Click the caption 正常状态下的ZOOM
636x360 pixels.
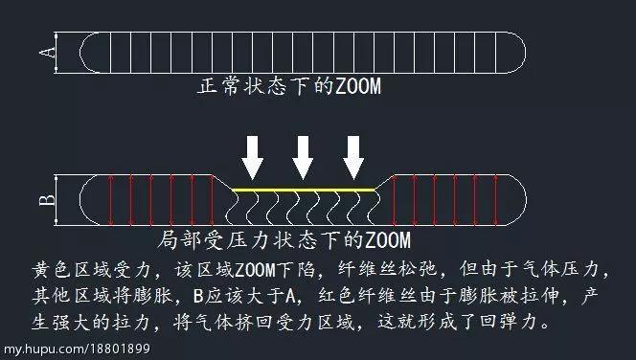289,87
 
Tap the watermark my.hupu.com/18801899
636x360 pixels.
76,349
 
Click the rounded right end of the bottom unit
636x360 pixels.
518,200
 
